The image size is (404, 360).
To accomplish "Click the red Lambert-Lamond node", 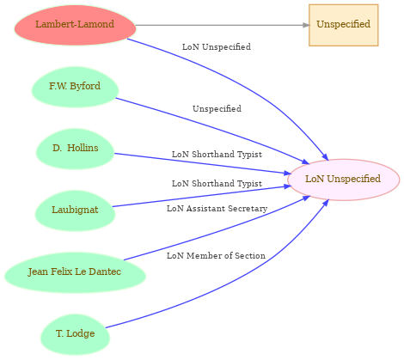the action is (75, 25).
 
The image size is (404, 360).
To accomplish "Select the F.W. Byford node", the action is (75, 87).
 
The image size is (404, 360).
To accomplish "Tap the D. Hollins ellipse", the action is (75, 149).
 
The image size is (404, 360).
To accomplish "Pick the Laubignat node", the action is (75, 211).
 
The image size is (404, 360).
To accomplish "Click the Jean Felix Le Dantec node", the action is (75, 272).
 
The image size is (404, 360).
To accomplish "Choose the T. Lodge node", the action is (75, 334).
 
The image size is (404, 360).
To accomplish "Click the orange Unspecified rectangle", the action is (344, 25).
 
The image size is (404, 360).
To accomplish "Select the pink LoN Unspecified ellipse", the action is (343, 180).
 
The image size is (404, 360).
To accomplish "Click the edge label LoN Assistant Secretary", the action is (217, 209).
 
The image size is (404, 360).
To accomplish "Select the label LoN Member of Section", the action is (216, 255).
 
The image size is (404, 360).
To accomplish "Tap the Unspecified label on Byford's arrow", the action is (217, 109).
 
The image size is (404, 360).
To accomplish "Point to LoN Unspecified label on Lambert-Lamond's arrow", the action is (217, 47).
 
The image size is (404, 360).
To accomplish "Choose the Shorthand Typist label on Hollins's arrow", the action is (217, 155).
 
